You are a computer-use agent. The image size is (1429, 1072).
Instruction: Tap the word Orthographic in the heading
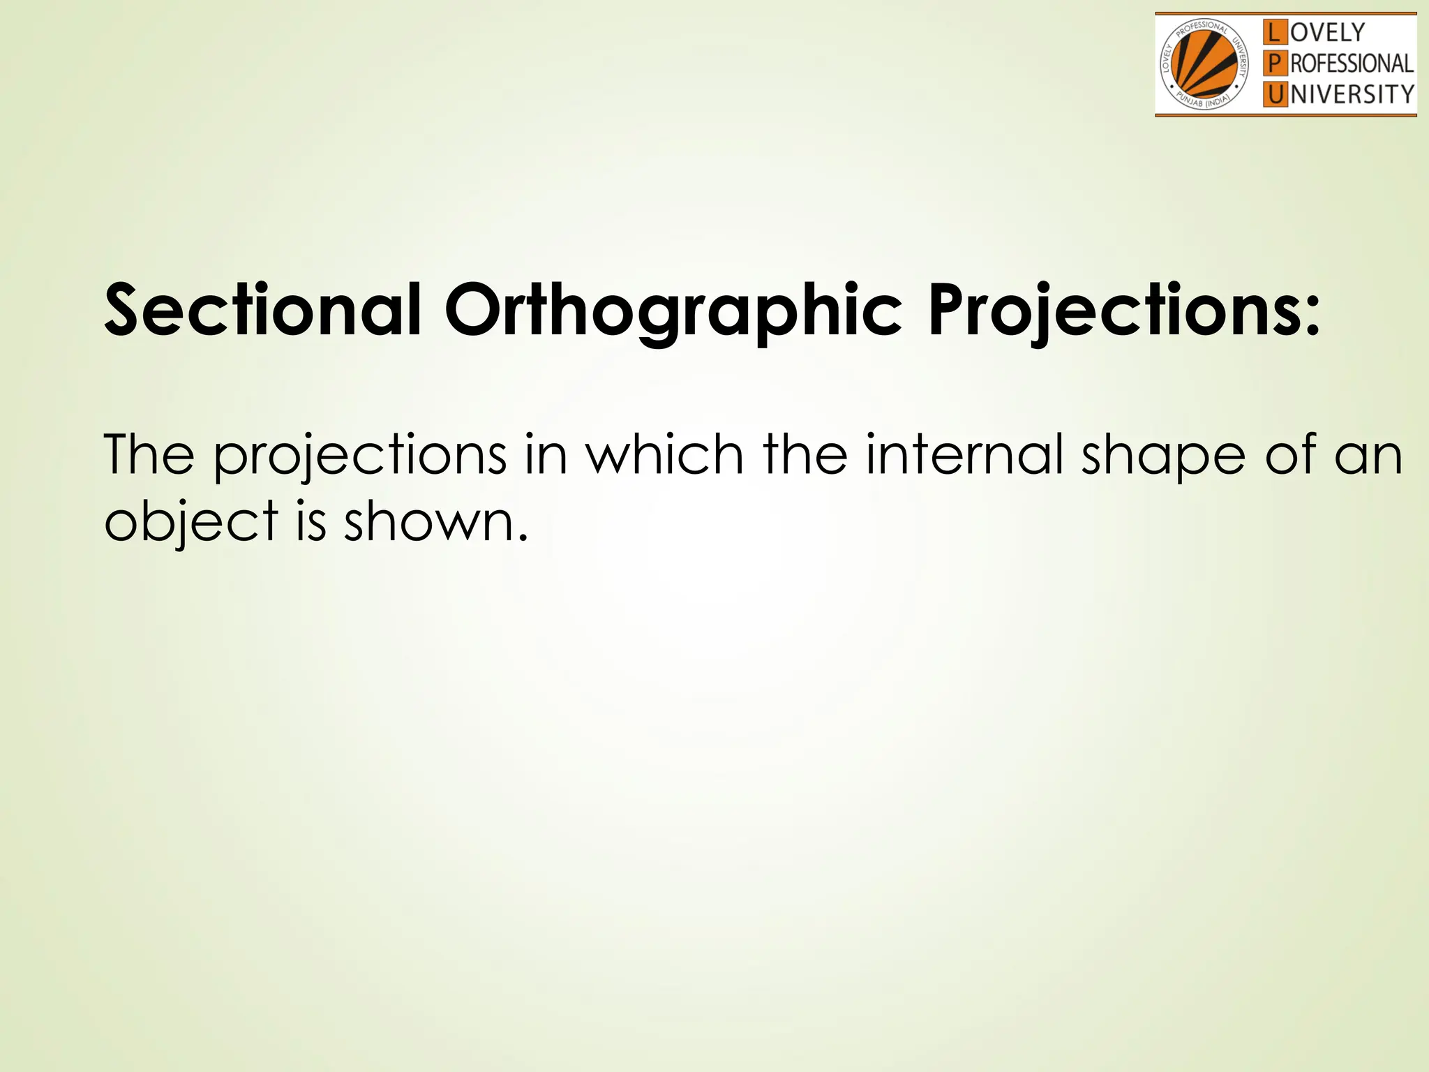tap(673, 311)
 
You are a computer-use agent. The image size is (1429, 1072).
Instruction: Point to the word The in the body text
tap(149, 454)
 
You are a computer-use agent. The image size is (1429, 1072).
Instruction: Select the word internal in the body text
tap(964, 454)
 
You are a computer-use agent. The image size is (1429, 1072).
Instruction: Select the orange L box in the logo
tap(1275, 32)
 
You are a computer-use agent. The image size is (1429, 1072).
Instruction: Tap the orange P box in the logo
tap(1275, 64)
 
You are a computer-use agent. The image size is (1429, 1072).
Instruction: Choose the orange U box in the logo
tap(1275, 94)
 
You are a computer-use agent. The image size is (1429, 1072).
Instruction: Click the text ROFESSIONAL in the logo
tap(1352, 64)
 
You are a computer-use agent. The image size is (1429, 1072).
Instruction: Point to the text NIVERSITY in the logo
tap(1352, 94)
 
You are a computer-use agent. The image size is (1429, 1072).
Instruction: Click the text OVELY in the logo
tap(1327, 32)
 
